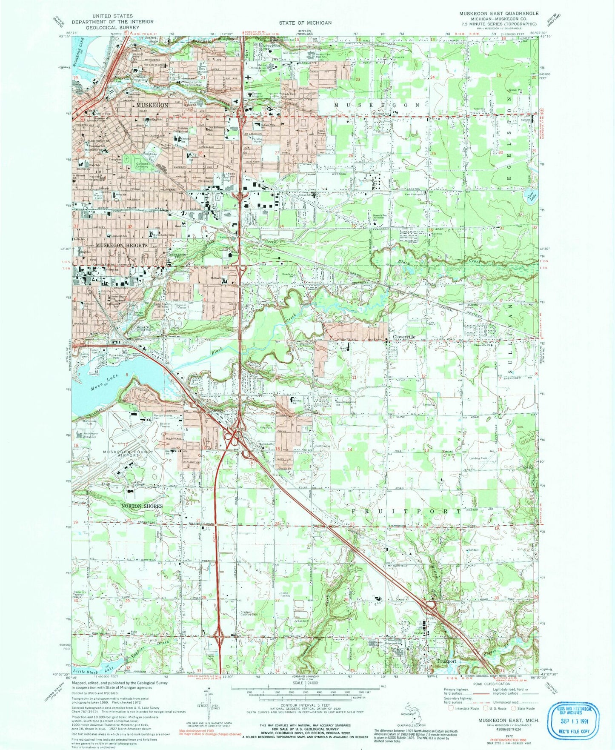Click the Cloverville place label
(403, 336)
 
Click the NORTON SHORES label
(142, 506)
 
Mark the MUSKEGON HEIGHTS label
(121, 246)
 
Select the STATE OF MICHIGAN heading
(305, 23)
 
